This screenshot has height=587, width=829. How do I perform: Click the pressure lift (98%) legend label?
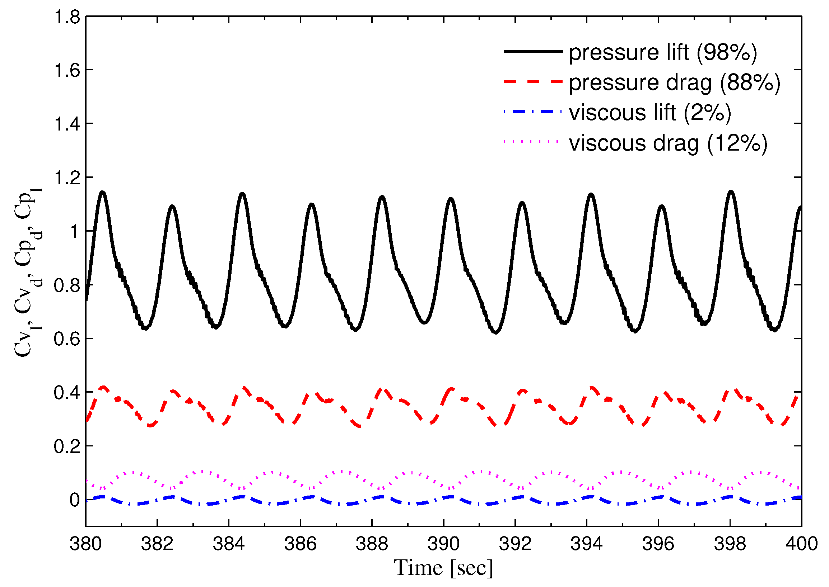(662, 53)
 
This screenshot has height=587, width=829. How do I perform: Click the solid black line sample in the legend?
(533, 51)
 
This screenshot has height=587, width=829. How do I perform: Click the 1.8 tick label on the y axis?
(67, 17)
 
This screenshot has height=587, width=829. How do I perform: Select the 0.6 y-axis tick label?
(67, 340)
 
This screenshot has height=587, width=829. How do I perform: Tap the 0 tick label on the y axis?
(75, 501)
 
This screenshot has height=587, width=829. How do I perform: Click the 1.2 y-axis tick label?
(67, 178)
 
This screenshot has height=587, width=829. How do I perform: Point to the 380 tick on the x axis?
(86, 544)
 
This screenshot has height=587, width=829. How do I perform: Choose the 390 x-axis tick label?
(444, 544)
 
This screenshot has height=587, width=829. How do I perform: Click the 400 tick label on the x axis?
(801, 544)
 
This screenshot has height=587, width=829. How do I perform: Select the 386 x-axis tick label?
(301, 544)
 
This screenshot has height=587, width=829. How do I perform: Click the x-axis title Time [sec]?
(443, 568)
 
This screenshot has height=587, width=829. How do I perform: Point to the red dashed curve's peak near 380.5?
(104, 388)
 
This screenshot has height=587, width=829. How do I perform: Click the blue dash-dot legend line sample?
(533, 112)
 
